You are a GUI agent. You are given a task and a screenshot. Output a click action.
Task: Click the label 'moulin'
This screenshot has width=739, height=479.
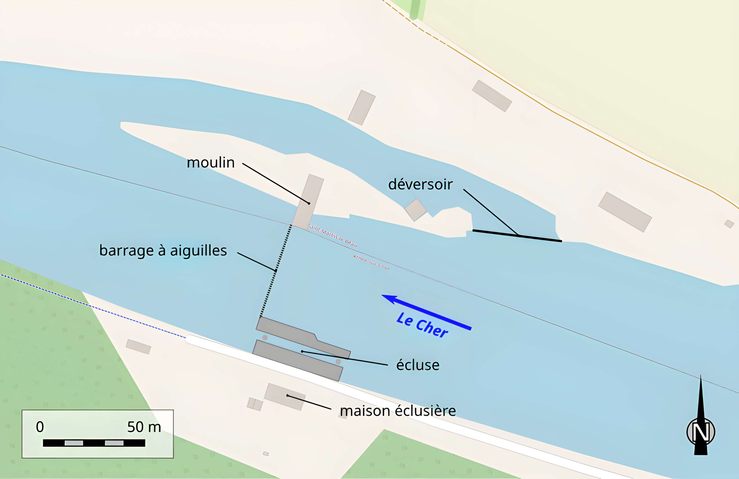tap(211, 163)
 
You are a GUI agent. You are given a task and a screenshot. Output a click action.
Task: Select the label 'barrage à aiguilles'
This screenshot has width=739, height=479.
tap(163, 251)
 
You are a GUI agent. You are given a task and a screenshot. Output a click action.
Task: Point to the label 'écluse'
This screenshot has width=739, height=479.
tap(418, 365)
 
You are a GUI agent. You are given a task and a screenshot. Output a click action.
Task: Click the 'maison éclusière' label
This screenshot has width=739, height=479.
tap(398, 411)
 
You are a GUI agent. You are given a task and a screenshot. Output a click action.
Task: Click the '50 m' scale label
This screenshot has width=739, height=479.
tap(144, 427)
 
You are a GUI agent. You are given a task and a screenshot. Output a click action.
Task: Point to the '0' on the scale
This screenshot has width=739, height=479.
tap(40, 427)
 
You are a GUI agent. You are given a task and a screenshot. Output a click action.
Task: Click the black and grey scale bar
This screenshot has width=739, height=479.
tap(94, 443)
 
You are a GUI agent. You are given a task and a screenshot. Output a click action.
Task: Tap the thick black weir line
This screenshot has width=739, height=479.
tap(517, 235)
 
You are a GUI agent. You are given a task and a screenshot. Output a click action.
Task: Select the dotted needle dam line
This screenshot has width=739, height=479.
tap(276, 270)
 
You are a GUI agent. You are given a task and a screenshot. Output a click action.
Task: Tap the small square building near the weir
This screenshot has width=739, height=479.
tap(416, 210)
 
